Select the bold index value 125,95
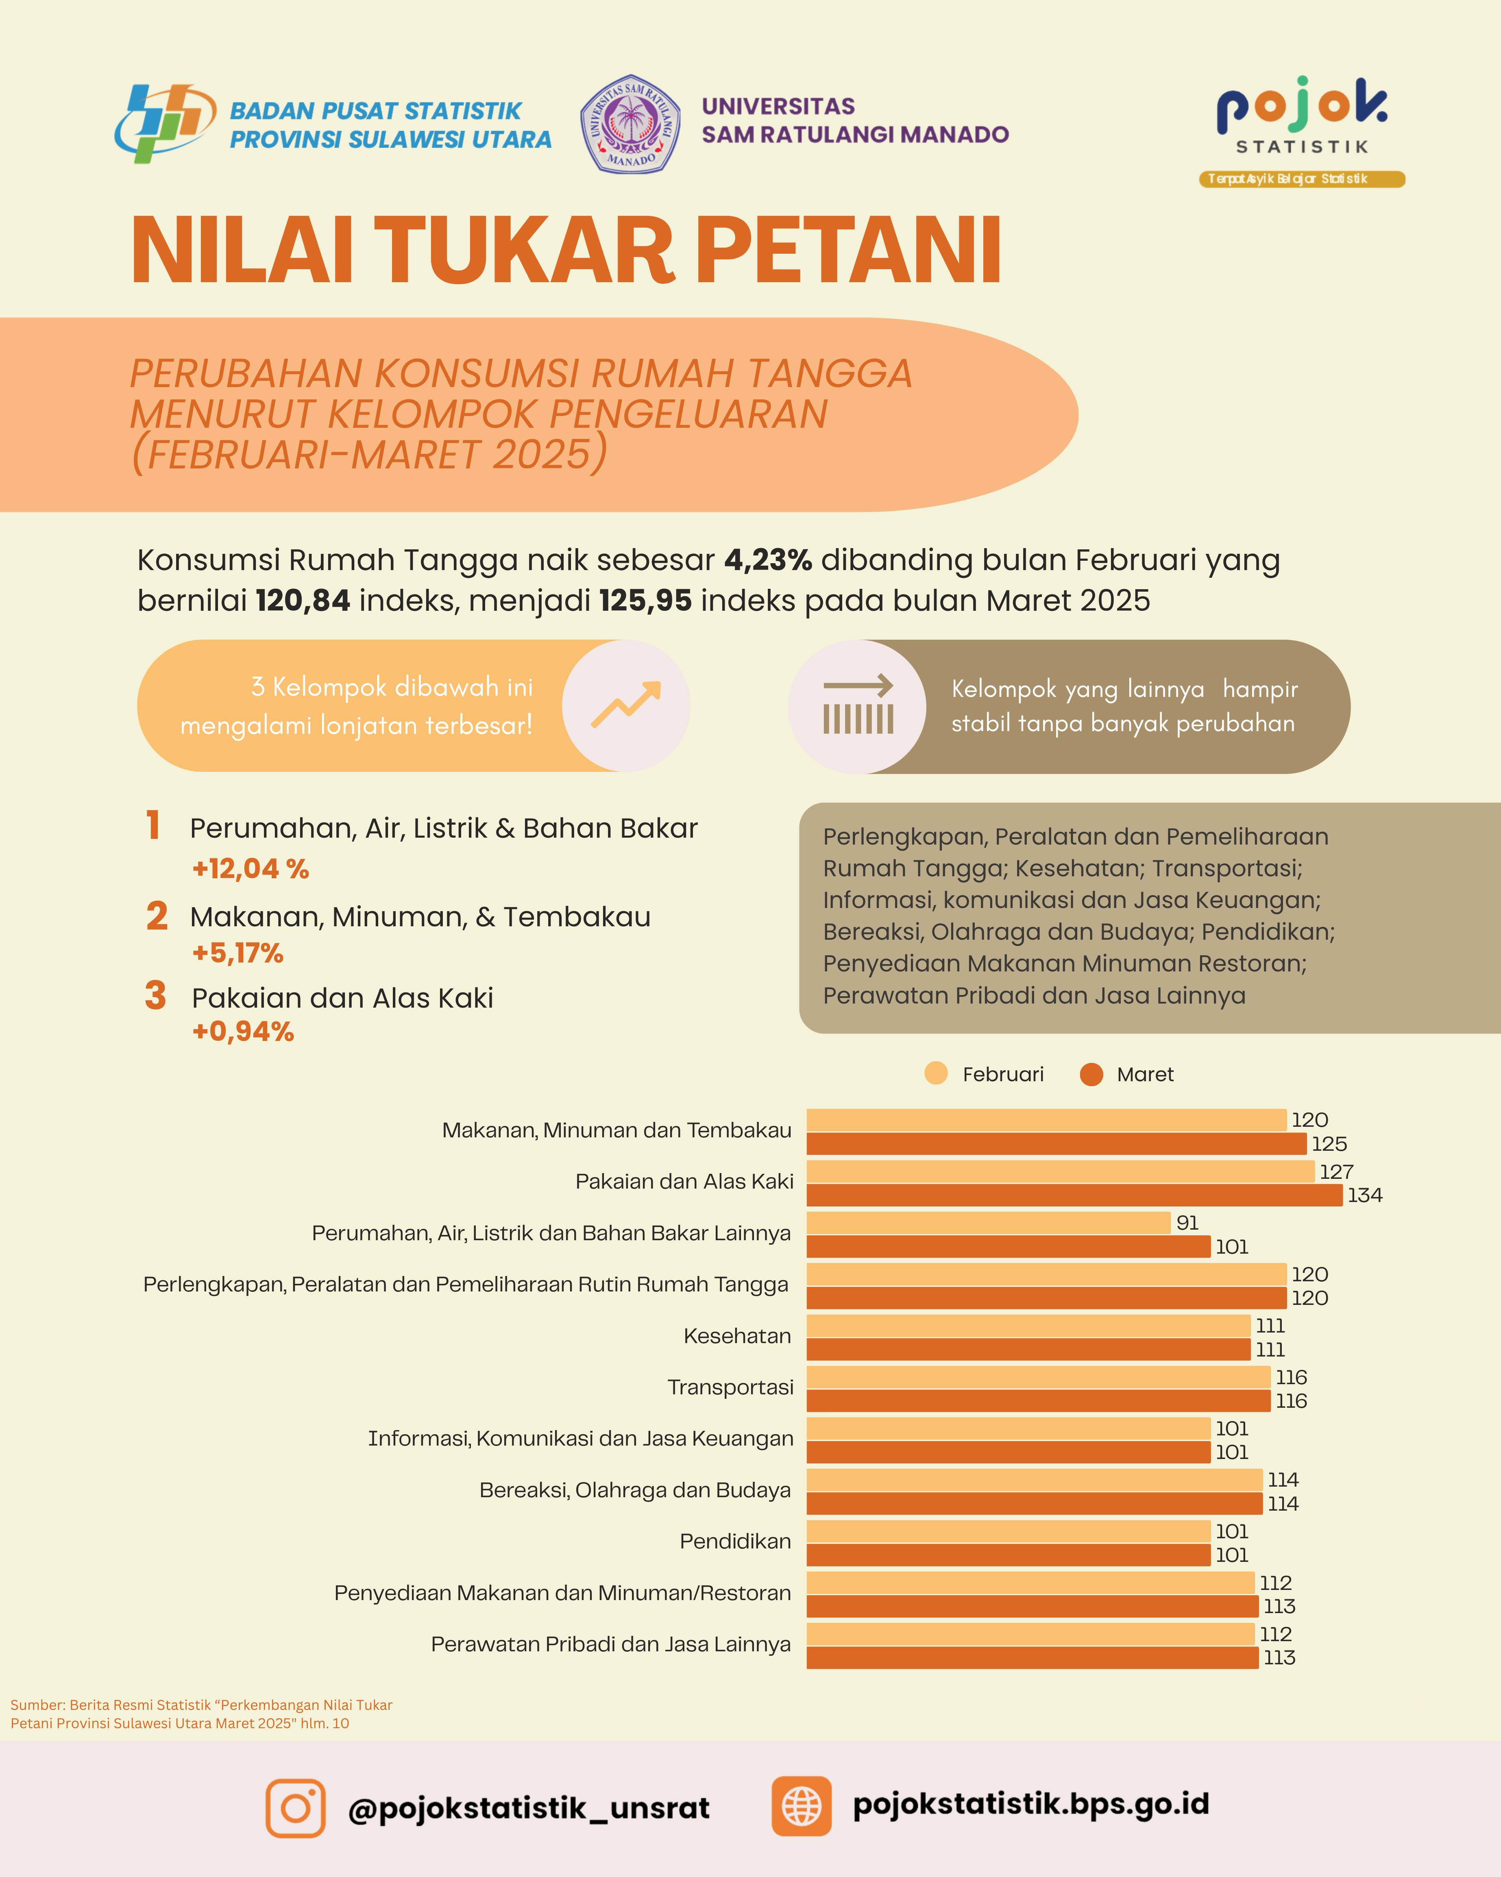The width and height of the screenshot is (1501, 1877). pyautogui.click(x=645, y=601)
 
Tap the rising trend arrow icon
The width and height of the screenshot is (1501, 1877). pyautogui.click(x=626, y=705)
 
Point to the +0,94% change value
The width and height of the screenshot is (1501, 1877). pyautogui.click(x=243, y=1032)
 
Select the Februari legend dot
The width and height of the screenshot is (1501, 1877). pyautogui.click(x=936, y=1074)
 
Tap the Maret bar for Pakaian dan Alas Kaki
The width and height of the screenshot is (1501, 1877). pyautogui.click(x=1074, y=1195)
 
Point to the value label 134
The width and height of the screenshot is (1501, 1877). pyautogui.click(x=1364, y=1195)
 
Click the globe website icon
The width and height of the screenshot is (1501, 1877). pyautogui.click(x=801, y=1807)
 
